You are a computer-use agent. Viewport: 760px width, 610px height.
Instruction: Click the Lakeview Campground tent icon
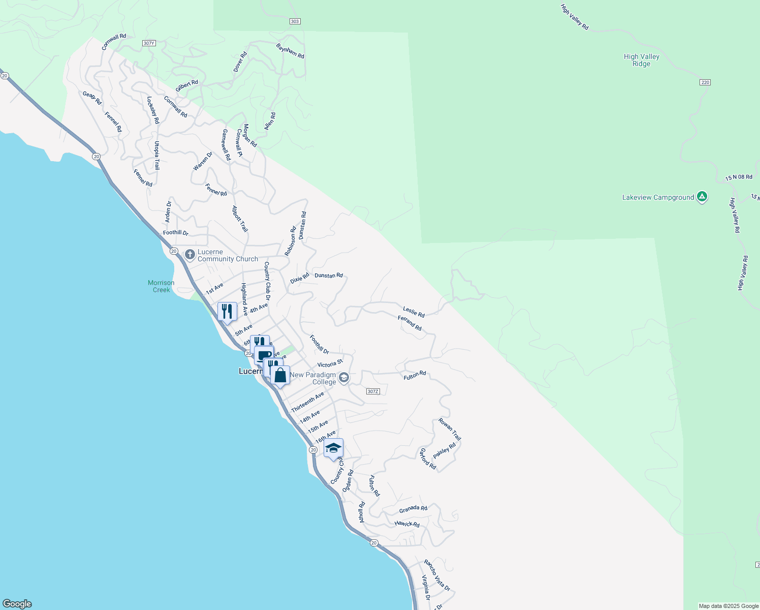point(702,197)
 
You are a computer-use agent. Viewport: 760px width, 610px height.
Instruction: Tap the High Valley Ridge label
point(641,60)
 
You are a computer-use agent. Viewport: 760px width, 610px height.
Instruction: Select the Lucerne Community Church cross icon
point(190,254)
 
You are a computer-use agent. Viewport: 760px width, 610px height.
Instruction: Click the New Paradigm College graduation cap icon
point(344,378)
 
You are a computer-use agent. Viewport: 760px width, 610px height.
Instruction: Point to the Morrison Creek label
point(161,286)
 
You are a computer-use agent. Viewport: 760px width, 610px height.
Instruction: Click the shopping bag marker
point(280,376)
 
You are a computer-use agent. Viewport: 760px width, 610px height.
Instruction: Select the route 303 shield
point(295,21)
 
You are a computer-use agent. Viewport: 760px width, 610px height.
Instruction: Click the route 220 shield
point(705,82)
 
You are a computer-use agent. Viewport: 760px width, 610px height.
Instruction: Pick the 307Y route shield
point(148,43)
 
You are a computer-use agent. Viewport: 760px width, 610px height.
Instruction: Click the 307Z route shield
point(372,391)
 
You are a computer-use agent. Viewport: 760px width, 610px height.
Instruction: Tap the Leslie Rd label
point(414,312)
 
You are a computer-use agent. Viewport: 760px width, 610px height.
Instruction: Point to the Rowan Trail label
point(450,430)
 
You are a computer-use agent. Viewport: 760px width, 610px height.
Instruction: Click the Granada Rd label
point(413,509)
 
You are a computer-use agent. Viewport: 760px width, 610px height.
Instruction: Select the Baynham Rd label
point(290,51)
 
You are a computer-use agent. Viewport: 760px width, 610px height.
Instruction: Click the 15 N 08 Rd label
point(739,177)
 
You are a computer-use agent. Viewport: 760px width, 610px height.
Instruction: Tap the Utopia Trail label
point(157,156)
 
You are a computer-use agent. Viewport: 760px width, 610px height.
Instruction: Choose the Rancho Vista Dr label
point(437,575)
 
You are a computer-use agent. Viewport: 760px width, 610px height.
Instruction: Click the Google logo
point(17,604)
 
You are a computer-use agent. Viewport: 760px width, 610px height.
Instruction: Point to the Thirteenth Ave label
point(307,402)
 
